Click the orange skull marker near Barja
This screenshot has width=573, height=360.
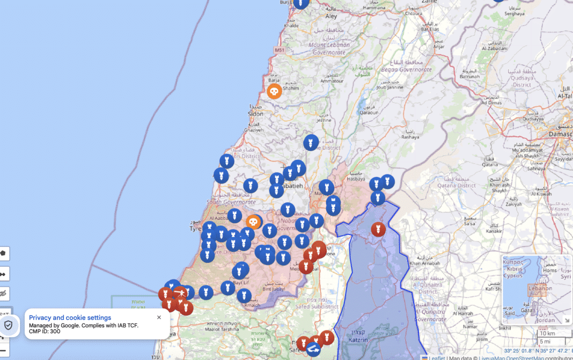274,91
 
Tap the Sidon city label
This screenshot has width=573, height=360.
255,114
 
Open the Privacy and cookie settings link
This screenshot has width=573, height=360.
70,318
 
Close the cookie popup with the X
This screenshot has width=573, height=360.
159,318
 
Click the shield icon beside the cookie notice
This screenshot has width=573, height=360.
8,325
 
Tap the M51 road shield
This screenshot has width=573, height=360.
280,50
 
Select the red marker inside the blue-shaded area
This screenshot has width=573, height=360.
378,229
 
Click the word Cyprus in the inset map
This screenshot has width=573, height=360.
512,276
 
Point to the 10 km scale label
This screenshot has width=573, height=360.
547,334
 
